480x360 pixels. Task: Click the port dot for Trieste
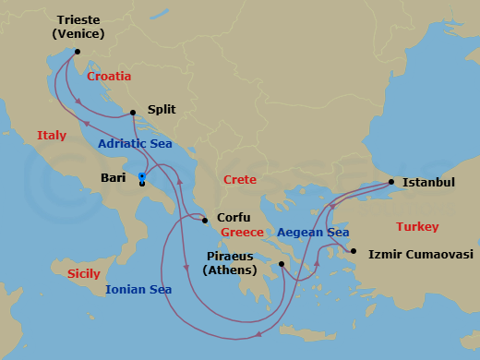(78, 52)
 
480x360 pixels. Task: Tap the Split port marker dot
(134, 113)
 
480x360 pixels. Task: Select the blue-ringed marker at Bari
(141, 176)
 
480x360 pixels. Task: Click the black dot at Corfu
(206, 220)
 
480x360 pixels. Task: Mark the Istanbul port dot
(392, 182)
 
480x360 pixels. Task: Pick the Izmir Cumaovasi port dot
(353, 251)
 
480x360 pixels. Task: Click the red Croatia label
(109, 77)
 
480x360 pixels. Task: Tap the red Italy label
(52, 136)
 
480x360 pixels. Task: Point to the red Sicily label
(84, 274)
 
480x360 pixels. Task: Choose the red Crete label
(239, 180)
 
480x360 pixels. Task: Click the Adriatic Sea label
(136, 144)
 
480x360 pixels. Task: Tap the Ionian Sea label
(138, 290)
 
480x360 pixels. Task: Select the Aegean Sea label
(312, 233)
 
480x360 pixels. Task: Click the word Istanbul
(430, 183)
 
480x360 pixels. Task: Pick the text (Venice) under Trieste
(78, 34)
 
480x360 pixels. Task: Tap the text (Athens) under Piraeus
(231, 270)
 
